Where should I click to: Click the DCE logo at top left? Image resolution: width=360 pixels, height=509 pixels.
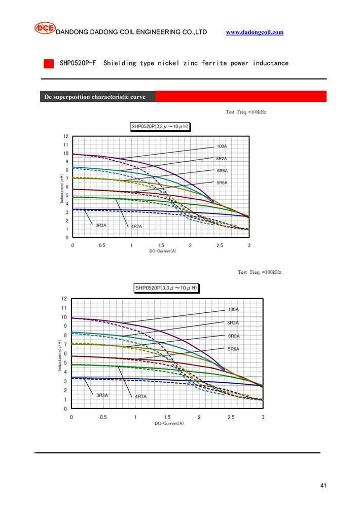(44, 28)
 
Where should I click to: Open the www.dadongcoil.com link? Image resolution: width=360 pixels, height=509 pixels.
(255, 32)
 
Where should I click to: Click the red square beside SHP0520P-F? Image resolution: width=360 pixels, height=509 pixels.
(49, 64)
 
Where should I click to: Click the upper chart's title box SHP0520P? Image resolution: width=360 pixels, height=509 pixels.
(160, 126)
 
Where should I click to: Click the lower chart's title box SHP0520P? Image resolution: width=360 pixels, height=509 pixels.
(166, 288)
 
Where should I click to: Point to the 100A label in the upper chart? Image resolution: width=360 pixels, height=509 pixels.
(222, 147)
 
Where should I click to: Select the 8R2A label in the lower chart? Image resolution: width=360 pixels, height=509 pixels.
(233, 323)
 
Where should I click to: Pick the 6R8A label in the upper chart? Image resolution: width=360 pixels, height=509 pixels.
(222, 171)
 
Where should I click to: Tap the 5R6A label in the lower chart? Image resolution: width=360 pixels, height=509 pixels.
(233, 349)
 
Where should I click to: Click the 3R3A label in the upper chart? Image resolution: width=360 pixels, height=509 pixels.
(101, 225)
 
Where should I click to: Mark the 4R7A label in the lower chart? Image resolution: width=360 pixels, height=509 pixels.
(140, 396)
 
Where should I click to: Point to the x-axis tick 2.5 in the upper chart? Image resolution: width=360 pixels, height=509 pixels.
(220, 245)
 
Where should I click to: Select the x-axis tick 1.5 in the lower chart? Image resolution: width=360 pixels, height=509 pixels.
(167, 417)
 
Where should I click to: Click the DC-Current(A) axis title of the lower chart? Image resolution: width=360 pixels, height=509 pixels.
(167, 423)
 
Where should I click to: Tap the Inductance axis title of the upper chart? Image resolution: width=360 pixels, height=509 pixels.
(61, 188)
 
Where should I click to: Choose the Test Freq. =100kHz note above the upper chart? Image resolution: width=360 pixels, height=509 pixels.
(246, 112)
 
